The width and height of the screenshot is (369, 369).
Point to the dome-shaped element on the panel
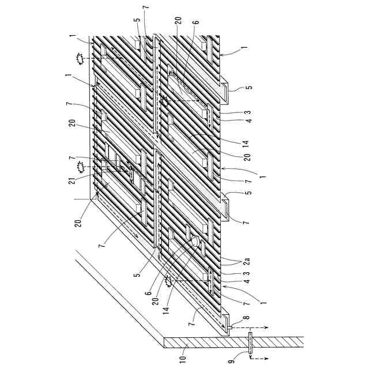coord(196,242)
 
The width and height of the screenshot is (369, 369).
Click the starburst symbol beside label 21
coord(82,167)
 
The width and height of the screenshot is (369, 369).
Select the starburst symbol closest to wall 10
coord(169,282)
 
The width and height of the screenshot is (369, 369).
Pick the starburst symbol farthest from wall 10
coord(80,58)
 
